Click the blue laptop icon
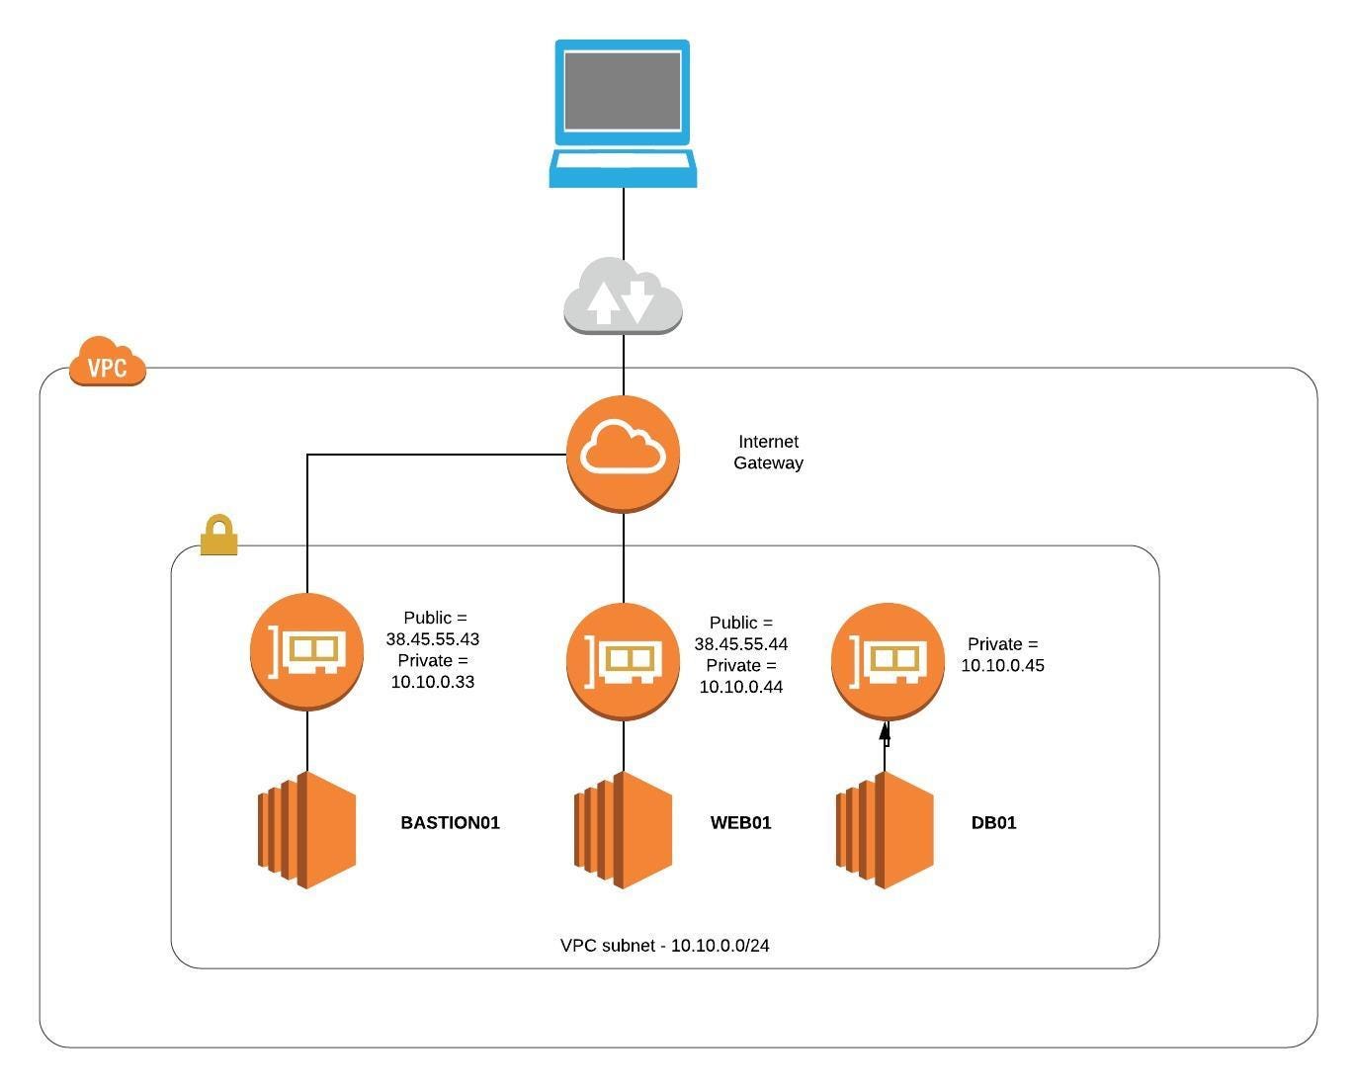623,114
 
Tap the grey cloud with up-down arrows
623,296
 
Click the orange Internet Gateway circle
623,454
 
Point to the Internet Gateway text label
768,453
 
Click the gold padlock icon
218,536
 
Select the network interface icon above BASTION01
307,651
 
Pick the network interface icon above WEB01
623,660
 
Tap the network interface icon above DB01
887,660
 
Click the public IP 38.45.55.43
433,639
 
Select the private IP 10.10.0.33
433,682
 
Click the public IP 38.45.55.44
741,644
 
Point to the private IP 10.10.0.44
741,687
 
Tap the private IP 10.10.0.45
1002,666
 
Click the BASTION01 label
450,823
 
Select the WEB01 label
740,823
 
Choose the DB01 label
993,823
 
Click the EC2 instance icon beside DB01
885,830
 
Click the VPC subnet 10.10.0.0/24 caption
664,946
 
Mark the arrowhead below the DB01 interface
885,732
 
